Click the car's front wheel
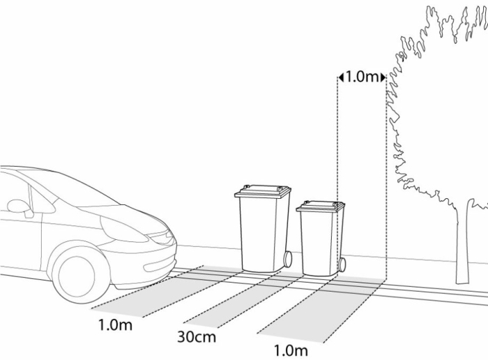pyautogui.click(x=76, y=276)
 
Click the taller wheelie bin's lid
pyautogui.click(x=263, y=191)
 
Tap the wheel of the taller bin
pyautogui.click(x=288, y=259)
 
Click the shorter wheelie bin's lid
pyautogui.click(x=321, y=207)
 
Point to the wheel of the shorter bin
pyautogui.click(x=342, y=265)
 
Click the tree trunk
pyautogui.click(x=462, y=243)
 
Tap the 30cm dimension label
pyautogui.click(x=197, y=337)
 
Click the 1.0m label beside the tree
pyautogui.click(x=362, y=77)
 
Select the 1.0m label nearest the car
pyautogui.click(x=115, y=325)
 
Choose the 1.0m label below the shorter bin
pyautogui.click(x=291, y=351)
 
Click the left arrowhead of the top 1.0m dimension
pyautogui.click(x=341, y=77)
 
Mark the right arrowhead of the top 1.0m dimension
pyautogui.click(x=383, y=77)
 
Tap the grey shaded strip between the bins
pyautogui.click(x=236, y=299)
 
